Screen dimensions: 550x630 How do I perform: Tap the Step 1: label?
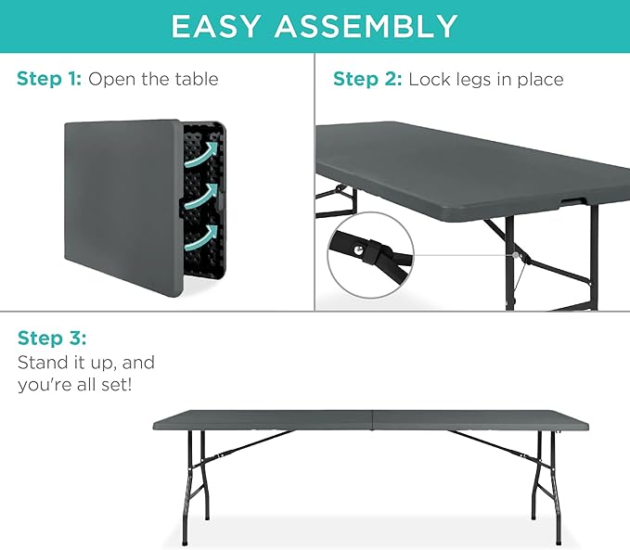point(49,79)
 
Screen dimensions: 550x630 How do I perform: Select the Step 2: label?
point(367,79)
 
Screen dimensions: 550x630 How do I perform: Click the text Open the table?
point(153,79)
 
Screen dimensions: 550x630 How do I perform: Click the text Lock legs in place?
point(485,79)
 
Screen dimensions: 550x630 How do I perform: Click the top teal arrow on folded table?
point(212,152)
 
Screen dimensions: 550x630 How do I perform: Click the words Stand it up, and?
point(86,362)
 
